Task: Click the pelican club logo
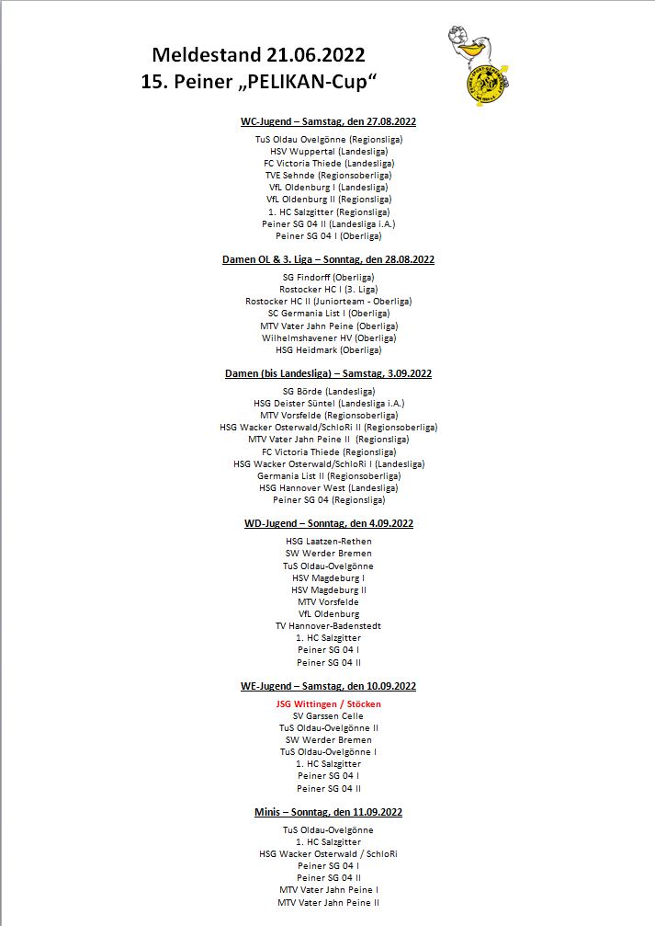tap(476, 65)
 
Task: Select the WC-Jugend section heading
tap(328, 121)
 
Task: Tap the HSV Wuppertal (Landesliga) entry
tap(328, 151)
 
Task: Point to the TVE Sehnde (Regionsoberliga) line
tap(328, 175)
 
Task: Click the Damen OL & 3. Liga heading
tap(328, 259)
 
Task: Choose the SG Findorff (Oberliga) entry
tap(328, 277)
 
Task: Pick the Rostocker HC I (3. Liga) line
tap(328, 289)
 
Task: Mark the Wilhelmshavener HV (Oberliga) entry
tap(328, 337)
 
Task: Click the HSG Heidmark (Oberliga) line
tap(328, 349)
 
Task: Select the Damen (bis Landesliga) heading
tap(328, 373)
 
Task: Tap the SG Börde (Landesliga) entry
tap(328, 391)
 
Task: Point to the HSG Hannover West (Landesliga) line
tap(328, 488)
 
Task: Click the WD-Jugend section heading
tap(328, 523)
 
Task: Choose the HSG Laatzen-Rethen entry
tap(328, 542)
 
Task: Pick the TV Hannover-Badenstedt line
tap(328, 626)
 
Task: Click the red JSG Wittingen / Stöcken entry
tap(328, 704)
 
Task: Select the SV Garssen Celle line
tap(328, 716)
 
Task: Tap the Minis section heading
tap(328, 812)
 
